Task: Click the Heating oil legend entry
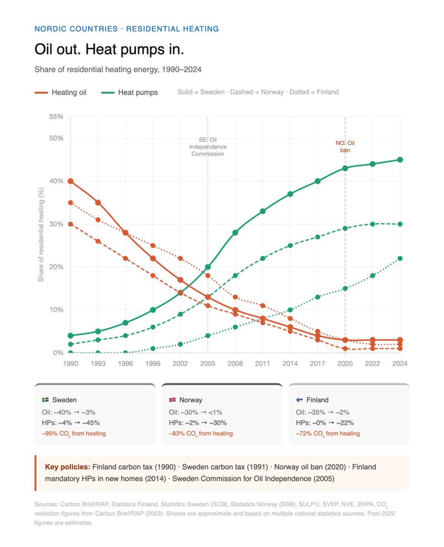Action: pos(61,92)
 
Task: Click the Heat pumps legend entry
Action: pos(129,92)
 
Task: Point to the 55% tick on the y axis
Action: pos(56,117)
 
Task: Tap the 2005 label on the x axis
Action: pos(208,364)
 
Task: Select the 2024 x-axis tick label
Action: pos(400,364)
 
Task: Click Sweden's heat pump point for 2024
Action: pos(400,160)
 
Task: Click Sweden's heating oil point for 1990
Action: pos(71,181)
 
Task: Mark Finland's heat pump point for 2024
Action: pos(400,259)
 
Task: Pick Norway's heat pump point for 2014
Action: pos(290,246)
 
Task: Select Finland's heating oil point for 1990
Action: pos(71,203)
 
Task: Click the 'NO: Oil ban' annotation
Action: pos(345,146)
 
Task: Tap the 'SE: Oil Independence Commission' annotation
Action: pos(208,147)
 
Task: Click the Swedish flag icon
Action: pos(46,400)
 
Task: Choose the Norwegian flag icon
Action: pos(172,400)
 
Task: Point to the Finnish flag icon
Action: pos(299,400)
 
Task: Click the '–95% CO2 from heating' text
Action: pos(74,433)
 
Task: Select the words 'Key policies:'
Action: pos(67,467)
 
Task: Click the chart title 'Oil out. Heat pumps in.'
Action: pos(109,49)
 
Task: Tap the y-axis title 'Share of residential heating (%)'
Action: pos(41,234)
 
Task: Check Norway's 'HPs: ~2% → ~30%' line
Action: pos(198,423)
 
